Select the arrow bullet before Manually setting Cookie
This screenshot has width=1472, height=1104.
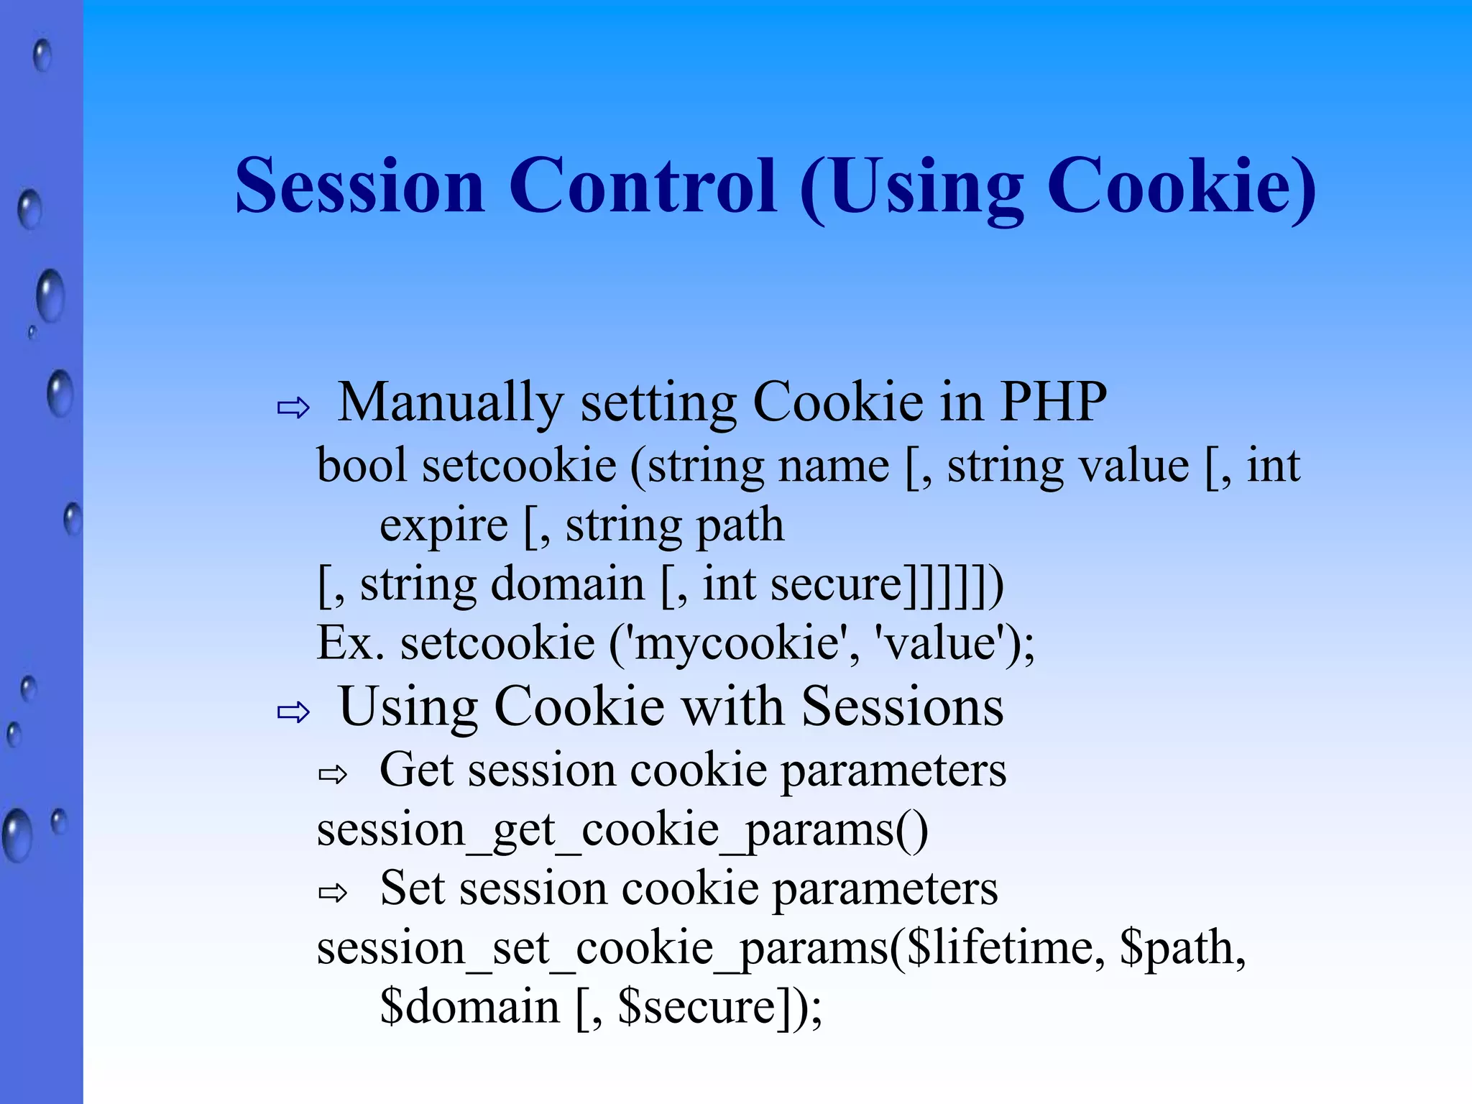click(x=293, y=408)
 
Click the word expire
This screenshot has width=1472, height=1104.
click(x=443, y=526)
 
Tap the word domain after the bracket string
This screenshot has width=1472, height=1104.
click(x=567, y=584)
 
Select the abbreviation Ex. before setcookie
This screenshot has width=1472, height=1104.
click(x=350, y=643)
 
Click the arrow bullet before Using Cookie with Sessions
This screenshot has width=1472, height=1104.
click(x=293, y=712)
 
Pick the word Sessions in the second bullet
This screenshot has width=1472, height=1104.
click(x=902, y=707)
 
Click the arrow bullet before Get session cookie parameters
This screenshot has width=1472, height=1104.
click(x=333, y=775)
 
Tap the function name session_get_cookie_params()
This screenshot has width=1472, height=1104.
click(x=622, y=831)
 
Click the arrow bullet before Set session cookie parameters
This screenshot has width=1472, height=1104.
click(x=333, y=893)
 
